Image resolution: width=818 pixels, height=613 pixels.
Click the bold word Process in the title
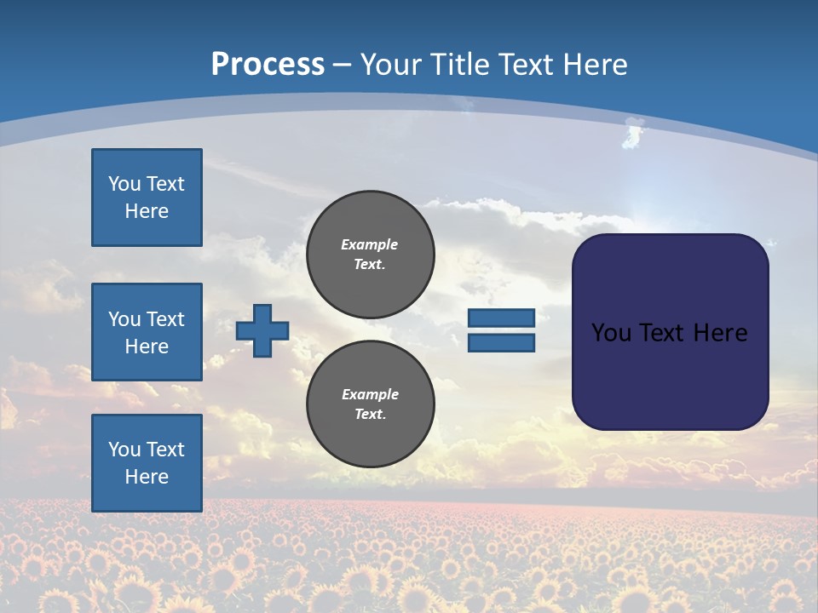coord(268,65)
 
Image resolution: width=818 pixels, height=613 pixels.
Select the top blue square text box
coord(147,198)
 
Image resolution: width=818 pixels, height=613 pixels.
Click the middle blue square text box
coord(147,332)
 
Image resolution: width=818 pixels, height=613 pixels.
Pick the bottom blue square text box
coord(147,462)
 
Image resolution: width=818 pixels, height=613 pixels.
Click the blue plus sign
coord(262,330)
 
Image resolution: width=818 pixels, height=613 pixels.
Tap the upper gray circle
coord(370,254)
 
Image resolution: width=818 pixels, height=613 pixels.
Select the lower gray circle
coord(370,404)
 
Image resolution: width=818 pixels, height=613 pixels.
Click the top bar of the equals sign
coord(501,318)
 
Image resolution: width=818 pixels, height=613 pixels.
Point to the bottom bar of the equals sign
coord(501,342)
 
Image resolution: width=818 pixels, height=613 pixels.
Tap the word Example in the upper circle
coord(370,244)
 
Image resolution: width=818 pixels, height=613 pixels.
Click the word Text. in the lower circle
coord(370,414)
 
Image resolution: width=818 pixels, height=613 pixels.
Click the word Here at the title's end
coord(596,65)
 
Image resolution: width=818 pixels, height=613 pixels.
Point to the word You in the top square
coord(124,184)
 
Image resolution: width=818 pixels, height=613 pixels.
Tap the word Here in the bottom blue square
coord(147,477)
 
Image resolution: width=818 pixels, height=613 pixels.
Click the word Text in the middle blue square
coord(164,319)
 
